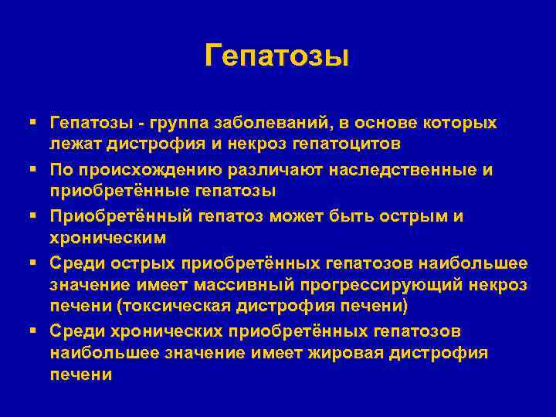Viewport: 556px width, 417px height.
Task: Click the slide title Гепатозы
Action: [x=277, y=56]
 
